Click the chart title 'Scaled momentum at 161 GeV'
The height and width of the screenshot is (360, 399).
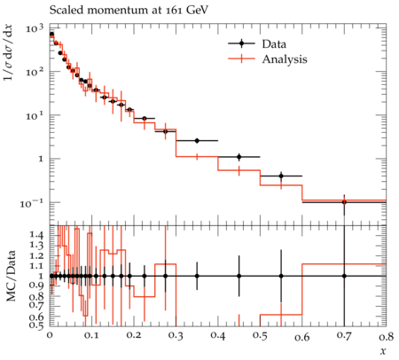(x=129, y=11)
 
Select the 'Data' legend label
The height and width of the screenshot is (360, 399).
(x=274, y=44)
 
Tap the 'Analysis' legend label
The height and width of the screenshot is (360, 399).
(x=285, y=59)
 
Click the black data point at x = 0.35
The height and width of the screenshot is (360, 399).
(x=197, y=141)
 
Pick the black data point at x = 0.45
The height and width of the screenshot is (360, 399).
(x=239, y=157)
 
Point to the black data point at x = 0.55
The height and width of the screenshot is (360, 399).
(x=281, y=176)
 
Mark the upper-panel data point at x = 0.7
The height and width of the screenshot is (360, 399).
(x=344, y=202)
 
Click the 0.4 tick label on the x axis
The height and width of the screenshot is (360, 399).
(x=218, y=336)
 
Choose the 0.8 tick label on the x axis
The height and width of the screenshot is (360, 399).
(x=386, y=336)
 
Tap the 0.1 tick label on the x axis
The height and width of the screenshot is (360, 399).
(x=91, y=336)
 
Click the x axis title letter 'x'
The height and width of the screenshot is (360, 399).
(x=383, y=351)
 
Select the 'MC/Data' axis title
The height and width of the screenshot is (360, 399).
(x=11, y=276)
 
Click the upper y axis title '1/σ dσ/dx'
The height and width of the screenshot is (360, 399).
(x=8, y=52)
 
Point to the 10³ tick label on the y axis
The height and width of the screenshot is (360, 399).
(x=35, y=28)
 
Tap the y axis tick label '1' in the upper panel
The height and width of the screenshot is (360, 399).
(x=40, y=160)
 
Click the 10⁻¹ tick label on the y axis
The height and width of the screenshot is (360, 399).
(x=32, y=203)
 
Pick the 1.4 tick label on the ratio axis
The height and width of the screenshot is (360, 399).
(x=36, y=235)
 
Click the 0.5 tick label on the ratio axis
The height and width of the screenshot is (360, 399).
(x=36, y=325)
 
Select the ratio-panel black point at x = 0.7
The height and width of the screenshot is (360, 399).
(x=344, y=276)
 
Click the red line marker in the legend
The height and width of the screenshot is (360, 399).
(x=241, y=59)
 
